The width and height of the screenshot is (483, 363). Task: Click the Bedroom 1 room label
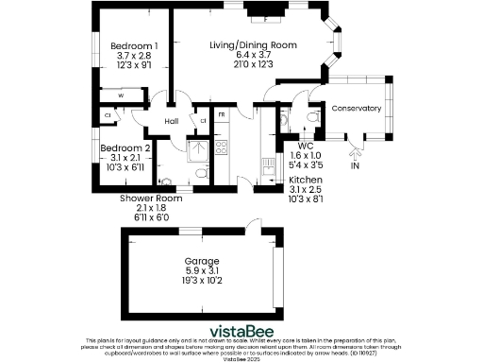coord(134,45)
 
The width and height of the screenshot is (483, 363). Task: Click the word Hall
coord(172,122)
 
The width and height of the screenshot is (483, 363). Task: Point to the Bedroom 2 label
coord(126,148)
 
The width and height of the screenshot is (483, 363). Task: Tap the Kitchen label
coord(307,180)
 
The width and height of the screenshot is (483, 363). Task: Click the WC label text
coord(306,146)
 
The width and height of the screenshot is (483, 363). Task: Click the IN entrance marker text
coord(356,166)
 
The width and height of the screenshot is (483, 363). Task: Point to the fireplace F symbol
coord(267,18)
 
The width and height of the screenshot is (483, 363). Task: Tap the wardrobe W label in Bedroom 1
coord(121,95)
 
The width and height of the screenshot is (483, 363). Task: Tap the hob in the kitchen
coord(223,147)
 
